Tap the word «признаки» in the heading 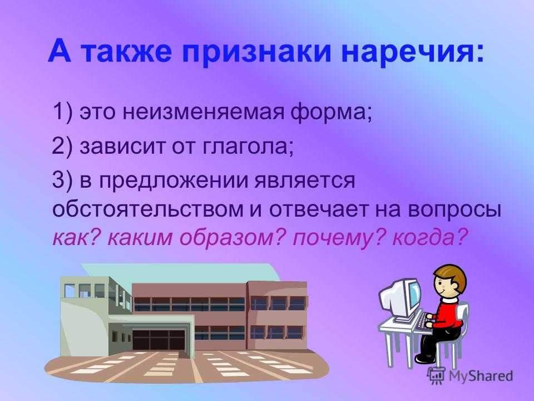(x=256, y=52)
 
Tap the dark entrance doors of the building (x=159, y=340)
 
